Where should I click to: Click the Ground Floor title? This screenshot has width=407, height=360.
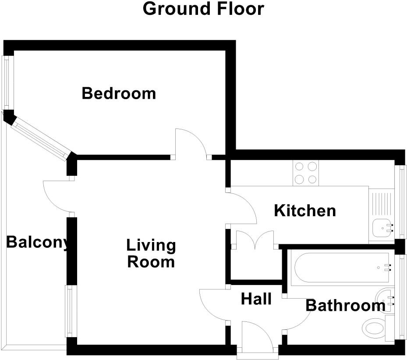coord(203,9)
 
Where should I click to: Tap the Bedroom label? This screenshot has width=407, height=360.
coord(119,93)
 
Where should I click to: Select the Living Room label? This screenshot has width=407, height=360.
coord(151,253)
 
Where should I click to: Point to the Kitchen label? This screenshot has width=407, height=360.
coord(305,211)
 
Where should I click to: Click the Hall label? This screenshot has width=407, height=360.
coord(256,299)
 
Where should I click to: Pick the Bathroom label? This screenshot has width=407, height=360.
coord(345,306)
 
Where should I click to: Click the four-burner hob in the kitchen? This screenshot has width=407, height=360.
coord(306,173)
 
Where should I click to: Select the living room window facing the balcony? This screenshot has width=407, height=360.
coord(70,311)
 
